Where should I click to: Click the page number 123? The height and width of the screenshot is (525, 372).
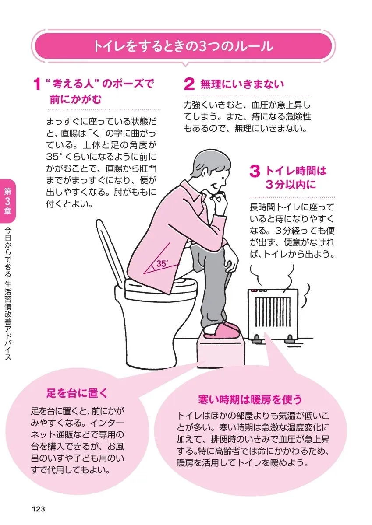tap(39, 509)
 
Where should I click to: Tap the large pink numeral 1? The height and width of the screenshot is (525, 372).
tap(38, 84)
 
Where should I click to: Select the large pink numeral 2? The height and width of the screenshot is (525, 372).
tap(189, 84)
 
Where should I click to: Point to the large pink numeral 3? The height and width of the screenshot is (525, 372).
tap(255, 171)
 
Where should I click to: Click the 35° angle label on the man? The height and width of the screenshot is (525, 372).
tap(162, 264)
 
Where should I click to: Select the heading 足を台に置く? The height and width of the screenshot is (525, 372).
tap(77, 392)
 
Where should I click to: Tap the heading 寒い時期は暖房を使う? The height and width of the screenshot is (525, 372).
tap(250, 399)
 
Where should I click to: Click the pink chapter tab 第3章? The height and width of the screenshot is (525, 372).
tap(8, 200)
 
